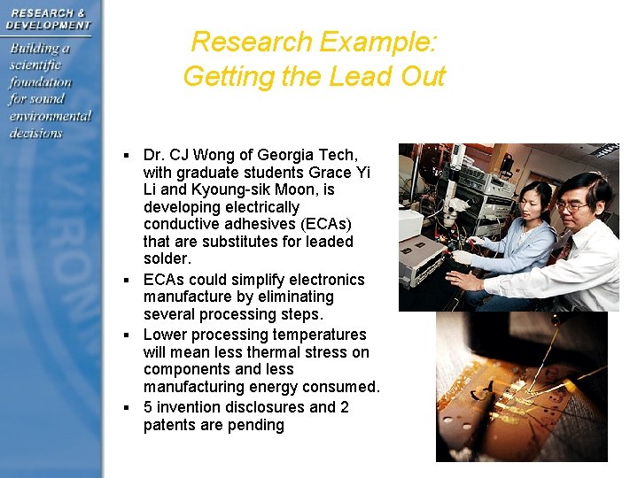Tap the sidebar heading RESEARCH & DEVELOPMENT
point(49,18)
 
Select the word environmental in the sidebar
point(51,116)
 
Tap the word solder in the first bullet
point(166,258)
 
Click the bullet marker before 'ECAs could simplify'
point(129,281)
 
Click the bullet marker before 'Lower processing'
point(129,335)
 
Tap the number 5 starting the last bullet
point(148,407)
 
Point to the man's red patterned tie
point(564,251)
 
